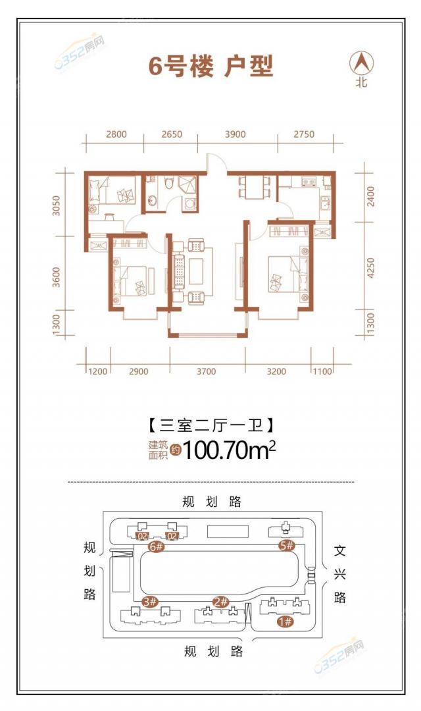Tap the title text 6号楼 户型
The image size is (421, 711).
point(210,66)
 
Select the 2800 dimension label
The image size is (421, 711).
point(116,134)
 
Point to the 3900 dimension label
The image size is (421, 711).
point(235,134)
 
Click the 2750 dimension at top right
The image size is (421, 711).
point(304,134)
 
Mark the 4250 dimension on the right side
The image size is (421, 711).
point(371,268)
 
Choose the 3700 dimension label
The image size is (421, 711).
point(206,372)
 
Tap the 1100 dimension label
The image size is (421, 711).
point(322,372)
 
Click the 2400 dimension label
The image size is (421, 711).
point(371,197)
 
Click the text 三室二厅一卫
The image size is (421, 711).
point(210,425)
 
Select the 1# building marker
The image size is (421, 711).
point(285,621)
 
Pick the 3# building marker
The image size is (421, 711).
point(150,602)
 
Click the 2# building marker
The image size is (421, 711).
point(221,602)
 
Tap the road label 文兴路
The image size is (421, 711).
point(339,573)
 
